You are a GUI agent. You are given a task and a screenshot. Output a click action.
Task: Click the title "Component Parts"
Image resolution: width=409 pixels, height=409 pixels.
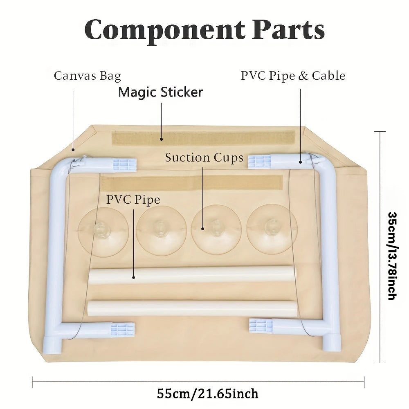tap(204, 29)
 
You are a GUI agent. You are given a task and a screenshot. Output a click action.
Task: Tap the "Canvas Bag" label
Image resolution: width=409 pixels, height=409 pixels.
tap(87, 76)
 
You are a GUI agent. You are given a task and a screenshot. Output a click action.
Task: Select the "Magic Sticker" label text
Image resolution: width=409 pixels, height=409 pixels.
tap(160, 92)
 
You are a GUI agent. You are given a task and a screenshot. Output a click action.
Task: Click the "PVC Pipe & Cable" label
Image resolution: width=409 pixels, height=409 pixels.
tap(293, 76)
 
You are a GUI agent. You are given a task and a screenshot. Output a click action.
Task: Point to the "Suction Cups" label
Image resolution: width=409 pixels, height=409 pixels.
tap(204, 157)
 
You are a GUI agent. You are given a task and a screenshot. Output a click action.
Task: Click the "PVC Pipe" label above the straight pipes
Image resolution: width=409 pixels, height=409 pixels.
tap(133, 200)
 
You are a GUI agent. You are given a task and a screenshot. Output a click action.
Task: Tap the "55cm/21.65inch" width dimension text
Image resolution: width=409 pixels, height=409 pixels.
tap(208, 393)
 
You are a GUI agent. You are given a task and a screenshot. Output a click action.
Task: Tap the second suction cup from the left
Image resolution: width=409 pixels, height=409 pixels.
tap(162, 231)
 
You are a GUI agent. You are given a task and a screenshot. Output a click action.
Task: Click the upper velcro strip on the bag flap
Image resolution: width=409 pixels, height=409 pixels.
tap(203, 138)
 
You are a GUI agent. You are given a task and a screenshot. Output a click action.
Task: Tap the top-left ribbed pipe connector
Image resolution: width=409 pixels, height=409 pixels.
tap(124, 164)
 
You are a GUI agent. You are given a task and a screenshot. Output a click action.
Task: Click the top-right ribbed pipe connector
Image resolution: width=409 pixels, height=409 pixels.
tap(260, 161)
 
